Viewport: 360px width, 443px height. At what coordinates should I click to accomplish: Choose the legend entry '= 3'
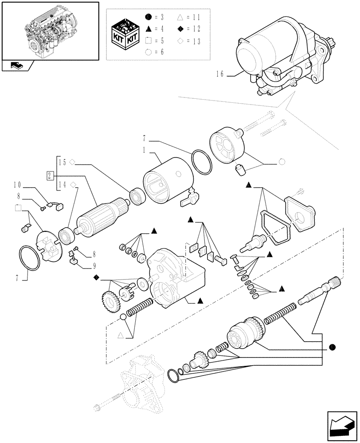(x=155, y=17)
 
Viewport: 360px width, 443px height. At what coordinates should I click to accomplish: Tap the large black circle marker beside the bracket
(x=332, y=347)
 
